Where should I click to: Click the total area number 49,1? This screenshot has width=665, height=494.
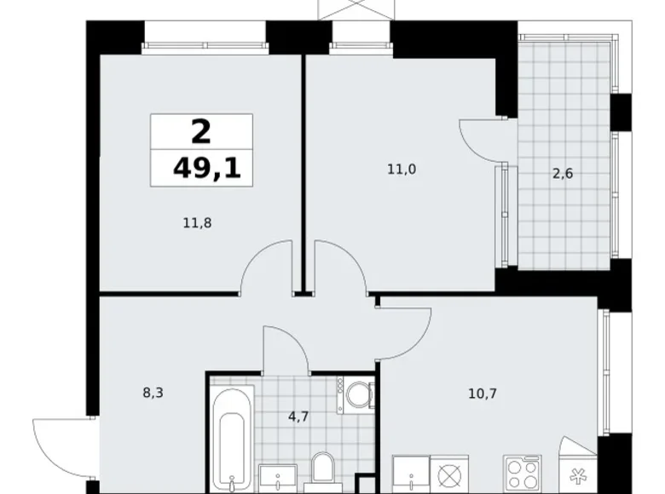pos(206,168)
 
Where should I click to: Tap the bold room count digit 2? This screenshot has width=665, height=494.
pos(201,132)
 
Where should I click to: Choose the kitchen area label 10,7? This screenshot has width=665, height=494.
pos(483,394)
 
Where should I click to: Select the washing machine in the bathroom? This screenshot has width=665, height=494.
pos(356,395)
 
